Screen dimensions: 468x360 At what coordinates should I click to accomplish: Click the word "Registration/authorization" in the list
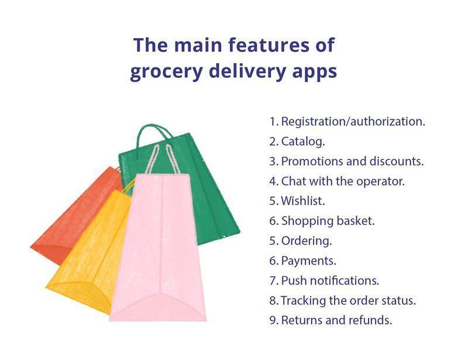click(353, 122)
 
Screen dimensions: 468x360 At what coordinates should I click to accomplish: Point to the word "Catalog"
click(303, 141)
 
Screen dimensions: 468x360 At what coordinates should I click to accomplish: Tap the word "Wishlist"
click(303, 201)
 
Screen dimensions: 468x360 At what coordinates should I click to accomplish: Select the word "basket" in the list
click(356, 221)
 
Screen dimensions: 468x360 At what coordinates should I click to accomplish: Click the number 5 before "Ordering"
click(274, 241)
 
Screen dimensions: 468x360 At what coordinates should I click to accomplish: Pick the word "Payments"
click(309, 261)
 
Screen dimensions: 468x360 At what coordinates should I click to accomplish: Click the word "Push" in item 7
click(294, 280)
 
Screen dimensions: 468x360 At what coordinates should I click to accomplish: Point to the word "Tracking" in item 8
click(303, 300)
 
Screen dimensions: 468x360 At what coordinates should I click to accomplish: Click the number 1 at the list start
click(273, 122)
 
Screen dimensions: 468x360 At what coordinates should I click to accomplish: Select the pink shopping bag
click(158, 248)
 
